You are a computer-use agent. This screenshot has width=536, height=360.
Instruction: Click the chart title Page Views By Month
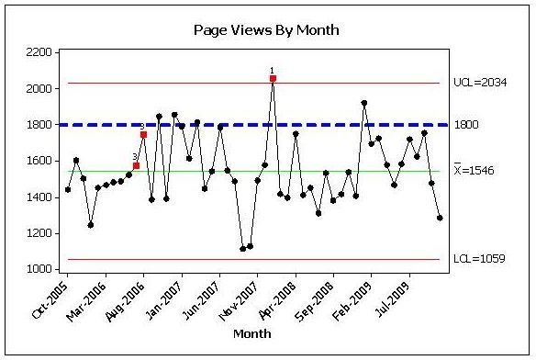[x=266, y=29]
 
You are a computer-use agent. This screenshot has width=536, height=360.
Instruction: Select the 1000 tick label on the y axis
[x=37, y=269]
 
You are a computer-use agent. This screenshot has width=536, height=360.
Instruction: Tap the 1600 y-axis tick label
[x=37, y=161]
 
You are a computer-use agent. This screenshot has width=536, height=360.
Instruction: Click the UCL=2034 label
[x=479, y=84]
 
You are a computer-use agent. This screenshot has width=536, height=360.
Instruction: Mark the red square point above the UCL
[x=273, y=79]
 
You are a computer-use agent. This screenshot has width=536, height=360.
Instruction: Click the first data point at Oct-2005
[x=68, y=189]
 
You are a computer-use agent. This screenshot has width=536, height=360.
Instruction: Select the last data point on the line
[x=440, y=218]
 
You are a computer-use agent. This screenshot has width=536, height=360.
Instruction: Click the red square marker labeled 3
[x=136, y=165]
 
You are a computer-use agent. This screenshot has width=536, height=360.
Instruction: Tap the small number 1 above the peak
[x=273, y=70]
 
